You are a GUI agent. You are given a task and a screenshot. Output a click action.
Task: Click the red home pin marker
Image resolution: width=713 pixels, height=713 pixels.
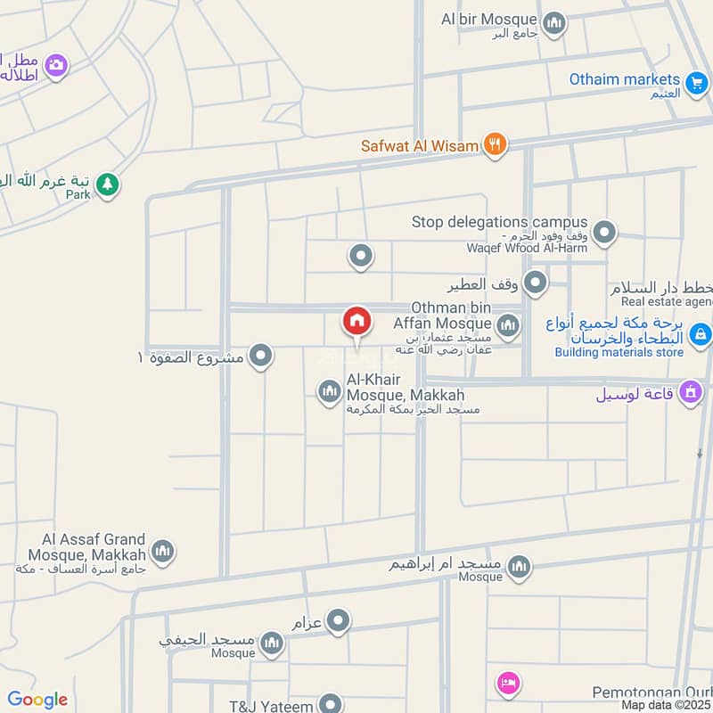tap(356, 321)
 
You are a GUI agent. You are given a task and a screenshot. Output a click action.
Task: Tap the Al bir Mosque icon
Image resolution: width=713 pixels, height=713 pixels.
tap(554, 22)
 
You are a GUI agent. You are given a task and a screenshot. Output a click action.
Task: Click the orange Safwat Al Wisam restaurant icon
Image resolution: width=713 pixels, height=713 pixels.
tap(496, 144)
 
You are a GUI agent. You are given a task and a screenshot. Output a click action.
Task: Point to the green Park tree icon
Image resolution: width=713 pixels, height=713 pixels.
tap(108, 185)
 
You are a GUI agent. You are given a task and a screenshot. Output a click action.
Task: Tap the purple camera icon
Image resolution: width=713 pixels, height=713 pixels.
tap(56, 66)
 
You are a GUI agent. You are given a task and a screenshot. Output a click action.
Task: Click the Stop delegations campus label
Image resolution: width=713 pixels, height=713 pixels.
tap(499, 222)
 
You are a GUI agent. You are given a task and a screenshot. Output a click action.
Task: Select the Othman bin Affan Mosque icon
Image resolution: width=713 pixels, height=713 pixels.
tap(508, 325)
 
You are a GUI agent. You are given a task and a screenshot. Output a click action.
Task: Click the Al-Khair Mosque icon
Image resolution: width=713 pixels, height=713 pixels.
tap(330, 390)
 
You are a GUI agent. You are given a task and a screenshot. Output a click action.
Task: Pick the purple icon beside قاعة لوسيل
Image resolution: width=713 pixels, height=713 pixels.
tap(690, 391)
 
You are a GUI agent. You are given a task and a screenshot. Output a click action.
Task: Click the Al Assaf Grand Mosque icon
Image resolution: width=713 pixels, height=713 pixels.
tap(161, 552)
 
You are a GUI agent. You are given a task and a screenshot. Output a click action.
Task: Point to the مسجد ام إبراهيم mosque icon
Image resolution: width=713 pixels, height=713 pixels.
tap(519, 566)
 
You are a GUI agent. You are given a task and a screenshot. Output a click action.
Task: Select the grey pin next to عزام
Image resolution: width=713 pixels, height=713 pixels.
tap(338, 621)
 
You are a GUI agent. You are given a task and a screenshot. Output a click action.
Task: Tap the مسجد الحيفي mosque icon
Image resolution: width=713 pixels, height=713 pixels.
tap(274, 646)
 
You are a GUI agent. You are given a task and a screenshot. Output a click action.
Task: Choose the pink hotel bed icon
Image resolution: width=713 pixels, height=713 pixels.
tap(508, 684)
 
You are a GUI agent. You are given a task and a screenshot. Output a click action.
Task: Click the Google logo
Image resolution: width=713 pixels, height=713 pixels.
tap(37, 700)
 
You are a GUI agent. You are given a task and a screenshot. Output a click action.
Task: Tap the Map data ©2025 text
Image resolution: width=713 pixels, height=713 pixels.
tap(667, 705)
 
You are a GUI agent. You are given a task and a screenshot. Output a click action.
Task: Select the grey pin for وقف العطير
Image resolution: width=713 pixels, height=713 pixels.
tap(535, 283)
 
